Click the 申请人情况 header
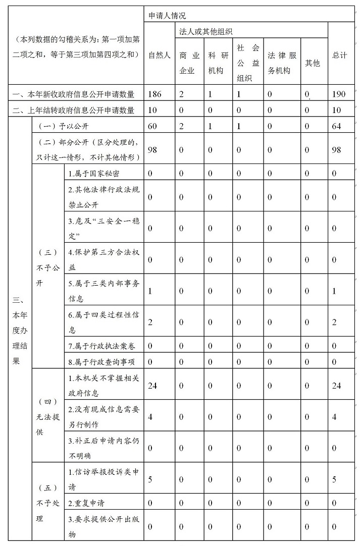165,16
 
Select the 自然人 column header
159,56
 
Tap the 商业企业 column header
189,63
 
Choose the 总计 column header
340,56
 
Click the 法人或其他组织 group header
206,32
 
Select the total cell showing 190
340,94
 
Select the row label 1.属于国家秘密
94,174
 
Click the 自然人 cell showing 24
154,386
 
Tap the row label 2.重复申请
87,503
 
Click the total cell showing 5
334,479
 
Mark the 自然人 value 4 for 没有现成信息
150,417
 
